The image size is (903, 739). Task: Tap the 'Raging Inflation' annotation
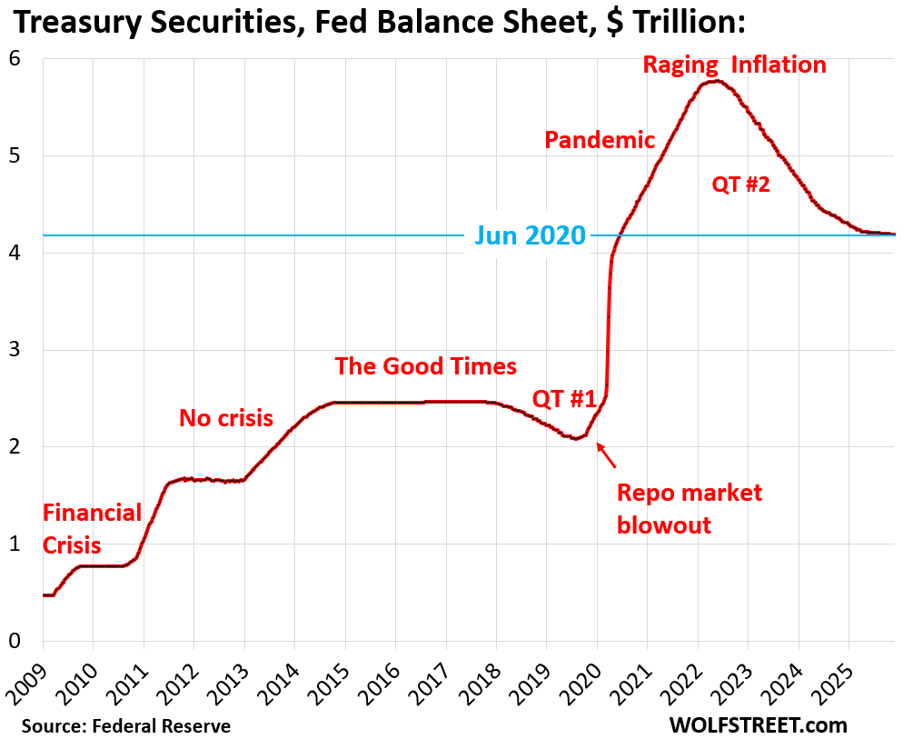pos(734,65)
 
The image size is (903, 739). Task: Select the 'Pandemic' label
pos(600,140)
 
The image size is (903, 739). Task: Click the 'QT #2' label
pos(740,185)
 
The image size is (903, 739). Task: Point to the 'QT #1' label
pos(563,398)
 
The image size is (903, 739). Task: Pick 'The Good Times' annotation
pos(425,366)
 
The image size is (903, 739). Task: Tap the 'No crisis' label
pos(226,418)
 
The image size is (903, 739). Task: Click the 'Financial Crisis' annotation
pos(92,529)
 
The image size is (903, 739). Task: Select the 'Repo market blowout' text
pos(689,509)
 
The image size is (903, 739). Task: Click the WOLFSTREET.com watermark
pos(759,724)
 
